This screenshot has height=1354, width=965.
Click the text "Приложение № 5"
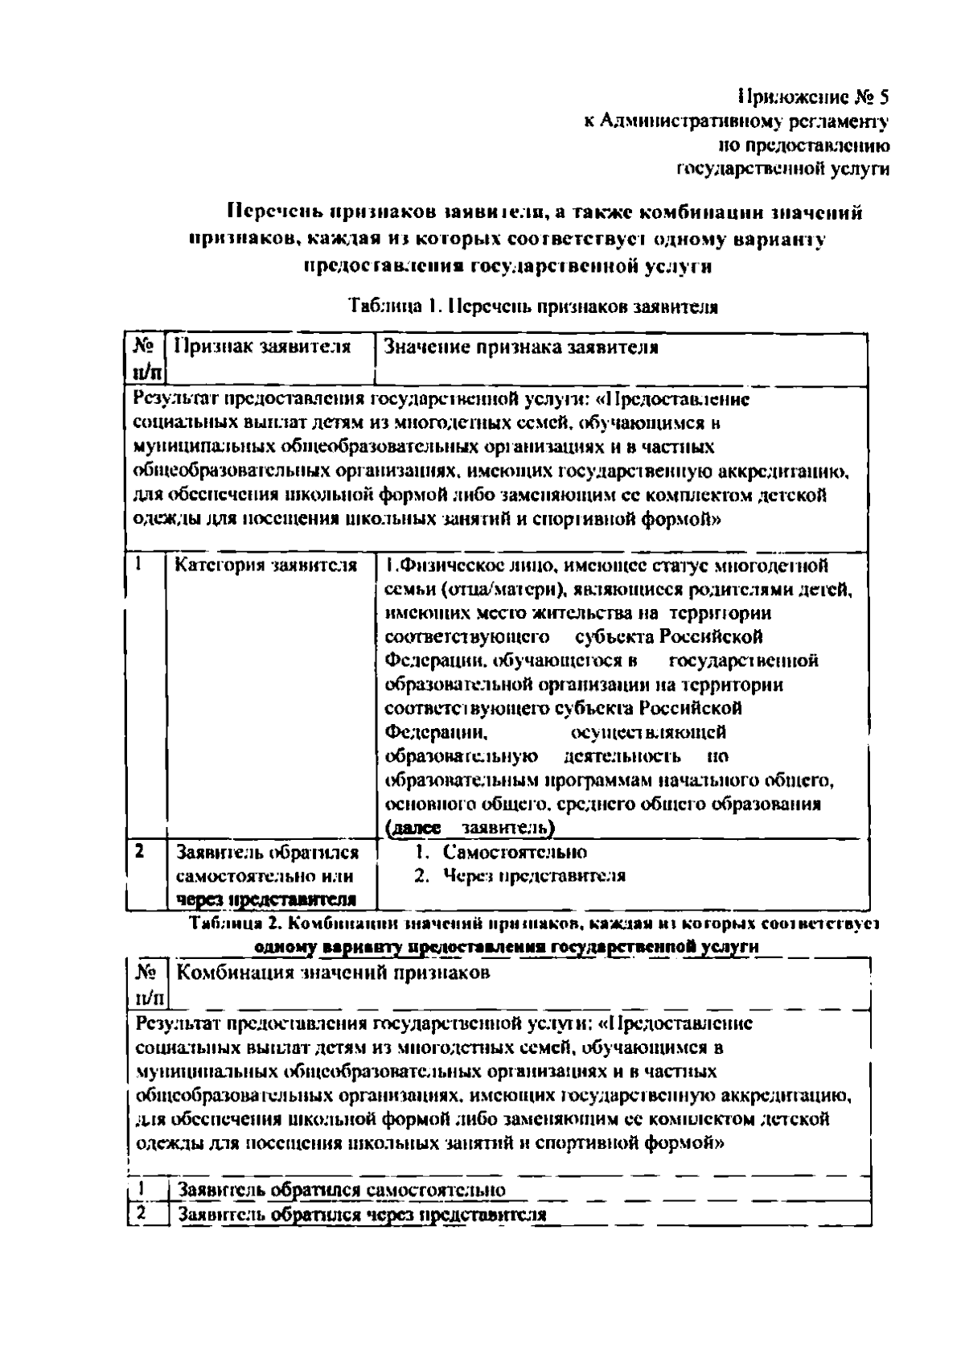(813, 98)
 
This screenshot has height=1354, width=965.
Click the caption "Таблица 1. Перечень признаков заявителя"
(533, 307)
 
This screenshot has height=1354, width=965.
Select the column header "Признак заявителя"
(263, 348)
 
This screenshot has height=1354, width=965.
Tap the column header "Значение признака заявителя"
(521, 348)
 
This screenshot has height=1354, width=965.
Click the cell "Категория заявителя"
(266, 566)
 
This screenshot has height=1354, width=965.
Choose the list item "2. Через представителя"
(519, 875)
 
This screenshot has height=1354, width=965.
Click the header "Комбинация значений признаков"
(332, 973)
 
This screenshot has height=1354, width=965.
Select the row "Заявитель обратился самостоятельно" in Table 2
(342, 1190)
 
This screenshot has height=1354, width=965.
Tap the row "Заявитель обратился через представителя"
(362, 1214)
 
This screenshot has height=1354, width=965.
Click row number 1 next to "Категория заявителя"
(139, 564)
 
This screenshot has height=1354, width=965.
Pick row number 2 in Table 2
(140, 1212)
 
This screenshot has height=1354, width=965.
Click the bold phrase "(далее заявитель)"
(470, 828)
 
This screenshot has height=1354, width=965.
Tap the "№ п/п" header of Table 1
(145, 359)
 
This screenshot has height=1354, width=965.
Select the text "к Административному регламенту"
(736, 122)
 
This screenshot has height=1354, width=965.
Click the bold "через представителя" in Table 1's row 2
(266, 899)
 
